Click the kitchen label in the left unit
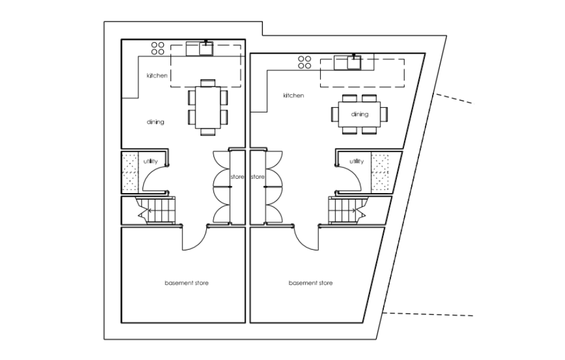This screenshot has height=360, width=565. (157, 76)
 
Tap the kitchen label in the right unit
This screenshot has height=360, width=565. (293, 95)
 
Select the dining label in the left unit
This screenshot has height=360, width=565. (156, 122)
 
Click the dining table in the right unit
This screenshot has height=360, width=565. (359, 114)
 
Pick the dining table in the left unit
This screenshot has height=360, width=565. (208, 107)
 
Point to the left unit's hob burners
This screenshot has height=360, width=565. (158, 48)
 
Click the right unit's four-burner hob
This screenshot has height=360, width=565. (305, 62)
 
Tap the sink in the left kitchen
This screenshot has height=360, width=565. (206, 49)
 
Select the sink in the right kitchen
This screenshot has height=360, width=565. (354, 63)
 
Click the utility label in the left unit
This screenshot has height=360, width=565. (151, 161)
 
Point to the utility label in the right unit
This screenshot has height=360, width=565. (356, 161)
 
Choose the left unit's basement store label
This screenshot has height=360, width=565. (187, 283)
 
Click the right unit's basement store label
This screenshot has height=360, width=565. (311, 283)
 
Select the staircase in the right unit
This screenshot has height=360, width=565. (347, 210)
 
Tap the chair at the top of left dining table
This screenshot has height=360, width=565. (208, 83)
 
